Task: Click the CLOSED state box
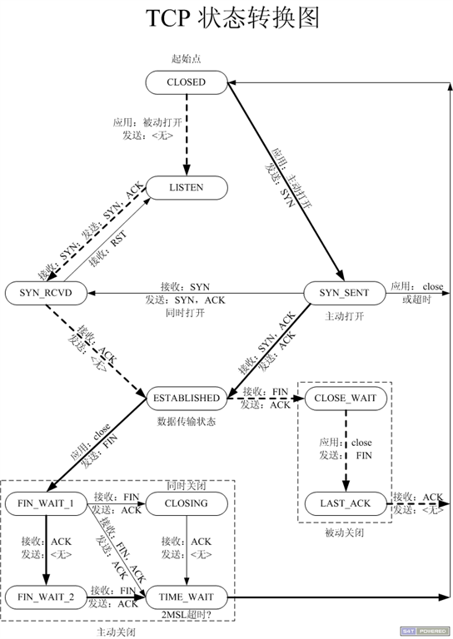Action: click(186, 82)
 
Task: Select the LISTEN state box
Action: click(186, 188)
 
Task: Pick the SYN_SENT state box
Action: click(343, 292)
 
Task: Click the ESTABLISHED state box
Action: click(186, 398)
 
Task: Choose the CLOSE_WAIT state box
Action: click(346, 398)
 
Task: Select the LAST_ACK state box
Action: click(346, 503)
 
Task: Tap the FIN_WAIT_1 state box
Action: click(47, 503)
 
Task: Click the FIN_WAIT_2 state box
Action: click(47, 597)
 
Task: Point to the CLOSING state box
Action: click(186, 503)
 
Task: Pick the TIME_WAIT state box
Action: click(186, 597)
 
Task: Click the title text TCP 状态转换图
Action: click(226, 18)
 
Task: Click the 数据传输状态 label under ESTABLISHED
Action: click(186, 421)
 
